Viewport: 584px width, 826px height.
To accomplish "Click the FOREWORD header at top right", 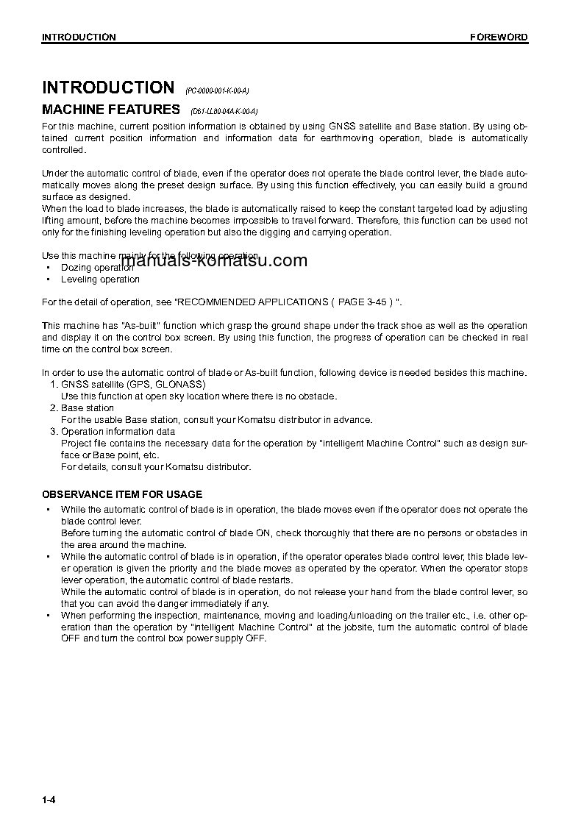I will [499, 37].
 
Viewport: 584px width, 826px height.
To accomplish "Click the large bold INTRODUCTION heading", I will [108, 88].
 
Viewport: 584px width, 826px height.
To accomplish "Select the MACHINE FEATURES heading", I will [111, 110].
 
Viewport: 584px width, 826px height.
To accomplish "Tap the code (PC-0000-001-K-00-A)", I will [217, 90].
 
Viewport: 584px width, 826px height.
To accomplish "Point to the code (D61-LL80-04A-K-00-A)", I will [224, 112].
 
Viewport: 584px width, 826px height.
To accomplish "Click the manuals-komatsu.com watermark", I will [214, 260].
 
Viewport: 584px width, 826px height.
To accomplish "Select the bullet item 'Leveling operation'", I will [100, 280].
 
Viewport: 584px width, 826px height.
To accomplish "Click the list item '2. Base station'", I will [82, 408].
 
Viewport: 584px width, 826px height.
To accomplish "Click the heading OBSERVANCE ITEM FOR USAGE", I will [122, 494].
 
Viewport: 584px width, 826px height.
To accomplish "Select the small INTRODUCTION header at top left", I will [79, 37].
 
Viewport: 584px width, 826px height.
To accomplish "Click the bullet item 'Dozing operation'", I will [97, 268].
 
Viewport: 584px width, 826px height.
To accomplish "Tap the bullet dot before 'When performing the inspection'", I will [48, 616].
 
